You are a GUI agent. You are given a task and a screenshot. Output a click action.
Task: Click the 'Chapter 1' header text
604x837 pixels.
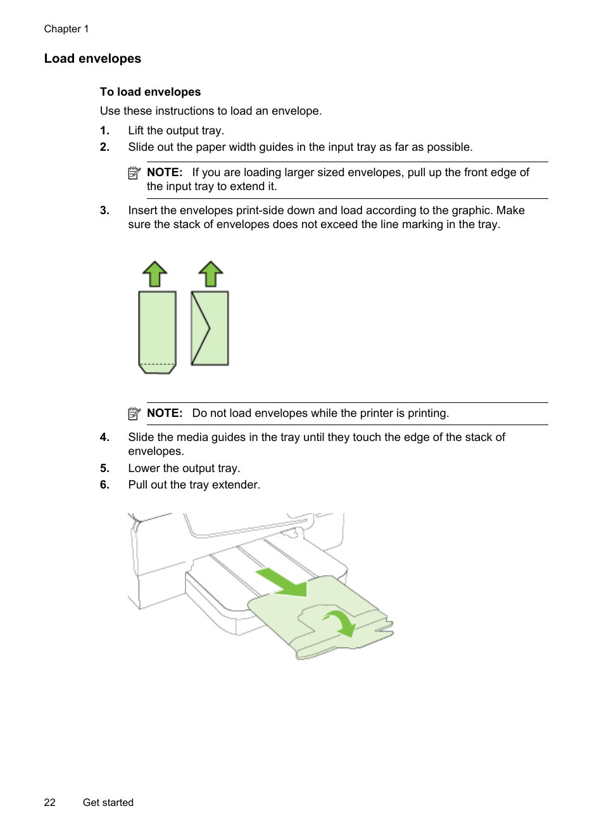point(66,29)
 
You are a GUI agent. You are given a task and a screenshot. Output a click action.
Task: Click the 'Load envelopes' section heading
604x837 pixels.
point(92,59)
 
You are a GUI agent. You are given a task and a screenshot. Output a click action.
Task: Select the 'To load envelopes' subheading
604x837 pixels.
point(150,92)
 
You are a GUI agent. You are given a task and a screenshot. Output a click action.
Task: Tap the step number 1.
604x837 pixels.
point(104,131)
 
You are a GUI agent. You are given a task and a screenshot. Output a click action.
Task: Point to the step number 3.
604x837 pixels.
point(104,210)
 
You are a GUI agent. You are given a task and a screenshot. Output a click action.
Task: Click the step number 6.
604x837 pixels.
point(104,485)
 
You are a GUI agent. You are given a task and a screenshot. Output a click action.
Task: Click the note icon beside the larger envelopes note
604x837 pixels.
point(134,173)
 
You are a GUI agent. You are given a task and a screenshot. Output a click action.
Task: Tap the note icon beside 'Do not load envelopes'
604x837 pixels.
point(134,414)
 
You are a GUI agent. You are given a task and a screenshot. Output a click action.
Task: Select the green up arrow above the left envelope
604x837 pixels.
point(154,274)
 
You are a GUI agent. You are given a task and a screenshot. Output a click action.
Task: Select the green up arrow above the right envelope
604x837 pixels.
point(211,274)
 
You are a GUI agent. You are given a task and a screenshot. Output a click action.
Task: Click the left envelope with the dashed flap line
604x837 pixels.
point(157,331)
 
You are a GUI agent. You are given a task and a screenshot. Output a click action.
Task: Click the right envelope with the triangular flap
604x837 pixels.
point(210,328)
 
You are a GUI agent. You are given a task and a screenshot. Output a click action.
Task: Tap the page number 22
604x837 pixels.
point(50,802)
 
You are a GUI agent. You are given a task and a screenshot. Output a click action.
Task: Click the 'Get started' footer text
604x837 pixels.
point(108,802)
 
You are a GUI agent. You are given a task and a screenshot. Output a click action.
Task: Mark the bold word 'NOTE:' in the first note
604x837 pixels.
point(165,172)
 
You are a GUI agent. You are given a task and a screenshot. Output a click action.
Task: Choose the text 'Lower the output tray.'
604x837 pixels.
point(184,468)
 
